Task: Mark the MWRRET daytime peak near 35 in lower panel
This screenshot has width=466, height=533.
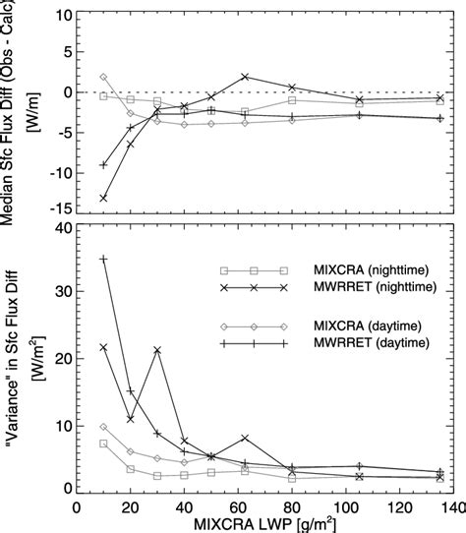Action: [103, 259]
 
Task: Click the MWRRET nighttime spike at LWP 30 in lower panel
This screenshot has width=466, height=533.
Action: [156, 350]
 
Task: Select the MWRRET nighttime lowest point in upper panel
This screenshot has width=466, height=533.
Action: [103, 198]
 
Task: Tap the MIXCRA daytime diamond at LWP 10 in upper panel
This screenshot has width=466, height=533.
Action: [103, 77]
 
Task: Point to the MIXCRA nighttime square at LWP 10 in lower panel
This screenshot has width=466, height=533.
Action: [103, 444]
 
